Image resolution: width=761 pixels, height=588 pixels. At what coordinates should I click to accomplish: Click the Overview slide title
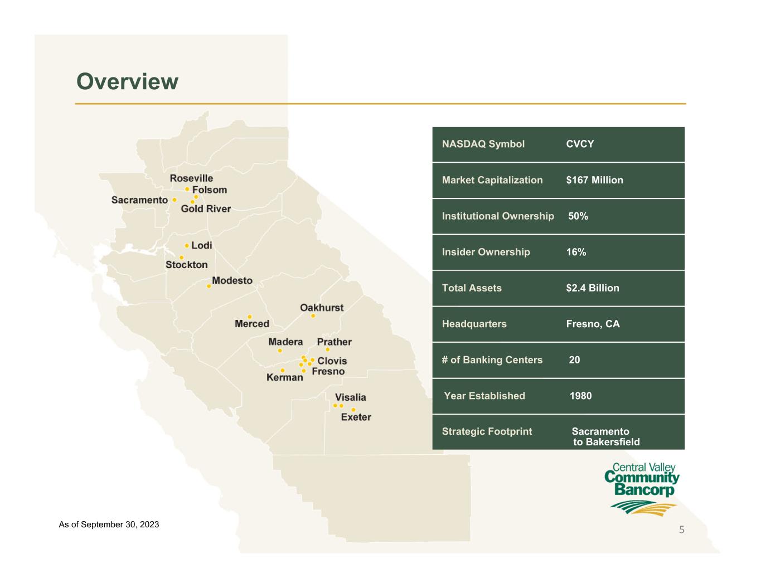(x=127, y=81)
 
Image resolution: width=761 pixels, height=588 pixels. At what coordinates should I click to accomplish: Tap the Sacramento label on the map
(x=139, y=200)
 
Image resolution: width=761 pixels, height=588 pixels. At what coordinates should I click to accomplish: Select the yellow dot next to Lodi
(x=187, y=246)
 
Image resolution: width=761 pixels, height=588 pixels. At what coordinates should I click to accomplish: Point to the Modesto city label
(x=232, y=280)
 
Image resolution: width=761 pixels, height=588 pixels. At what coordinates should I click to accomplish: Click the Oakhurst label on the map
(x=322, y=308)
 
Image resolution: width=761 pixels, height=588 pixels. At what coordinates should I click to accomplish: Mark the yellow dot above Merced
(x=249, y=317)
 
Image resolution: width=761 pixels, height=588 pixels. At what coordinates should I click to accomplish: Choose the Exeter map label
(x=356, y=417)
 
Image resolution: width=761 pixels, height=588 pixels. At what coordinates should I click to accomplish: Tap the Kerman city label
(x=285, y=377)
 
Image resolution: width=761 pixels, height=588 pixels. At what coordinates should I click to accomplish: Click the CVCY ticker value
(x=580, y=144)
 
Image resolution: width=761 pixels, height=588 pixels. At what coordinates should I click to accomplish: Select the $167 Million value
(x=595, y=180)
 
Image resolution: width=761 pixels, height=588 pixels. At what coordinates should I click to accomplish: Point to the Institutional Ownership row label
(x=498, y=216)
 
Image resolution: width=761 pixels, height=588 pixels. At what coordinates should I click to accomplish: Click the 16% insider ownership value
(x=576, y=252)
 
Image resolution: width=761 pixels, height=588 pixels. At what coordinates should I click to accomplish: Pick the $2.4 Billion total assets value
(x=593, y=288)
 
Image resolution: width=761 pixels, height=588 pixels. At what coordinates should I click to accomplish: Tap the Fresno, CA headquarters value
(x=593, y=324)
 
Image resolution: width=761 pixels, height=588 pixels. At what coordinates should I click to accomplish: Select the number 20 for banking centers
(x=574, y=360)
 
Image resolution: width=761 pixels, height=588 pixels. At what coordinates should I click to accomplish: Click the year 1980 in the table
(x=580, y=396)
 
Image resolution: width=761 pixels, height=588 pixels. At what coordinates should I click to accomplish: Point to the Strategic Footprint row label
(x=487, y=431)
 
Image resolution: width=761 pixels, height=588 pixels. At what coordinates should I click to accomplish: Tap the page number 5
(x=681, y=529)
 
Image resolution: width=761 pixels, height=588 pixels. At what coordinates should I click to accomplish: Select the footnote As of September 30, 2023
(x=109, y=524)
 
